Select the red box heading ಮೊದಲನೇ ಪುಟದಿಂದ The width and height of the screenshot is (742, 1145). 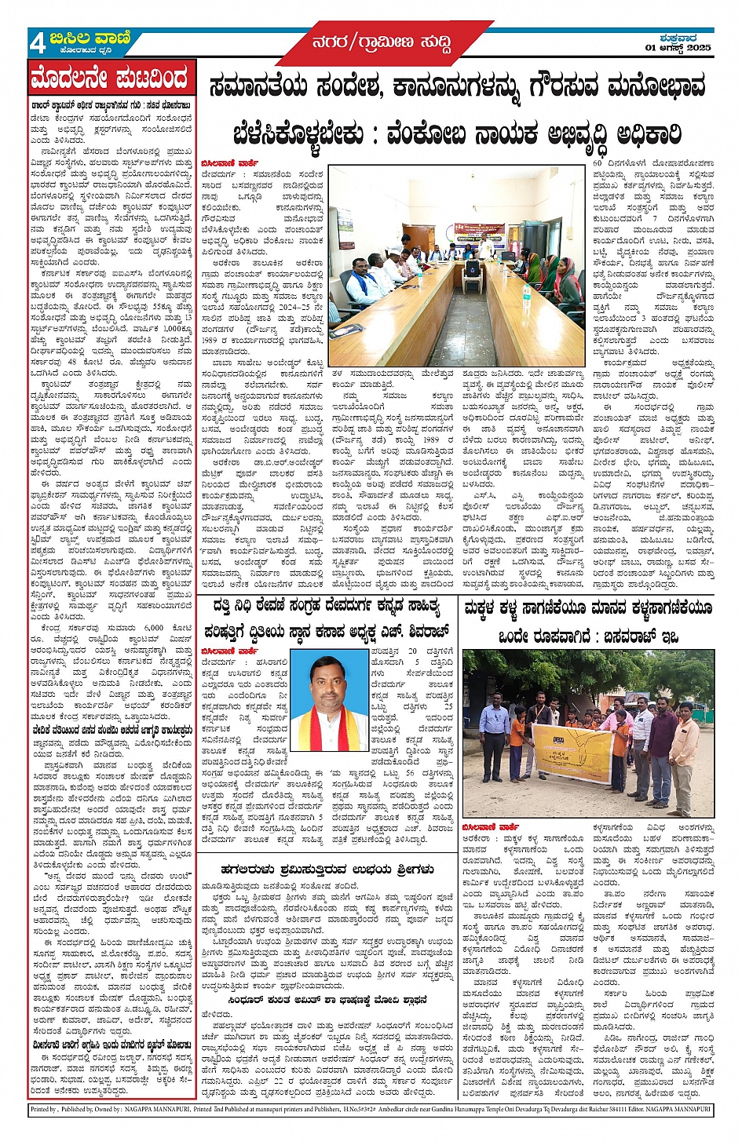(x=110, y=79)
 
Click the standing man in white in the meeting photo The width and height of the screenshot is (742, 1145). (x=487, y=244)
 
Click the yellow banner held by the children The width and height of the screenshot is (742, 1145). (x=572, y=753)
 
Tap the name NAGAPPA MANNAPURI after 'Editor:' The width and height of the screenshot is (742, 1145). (x=672, y=1110)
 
